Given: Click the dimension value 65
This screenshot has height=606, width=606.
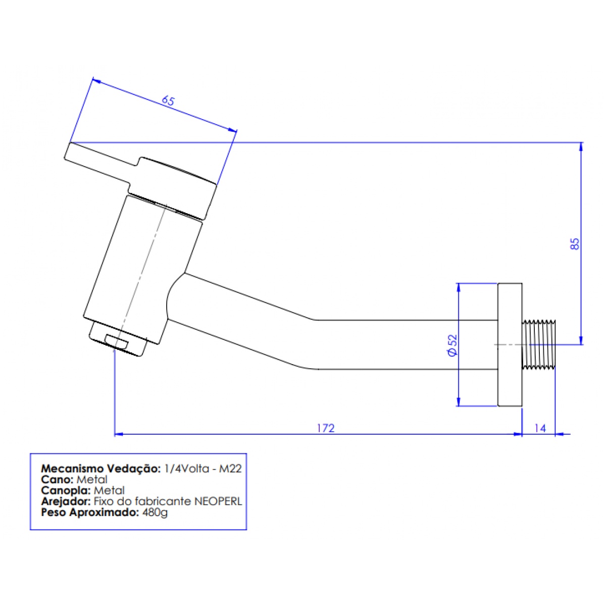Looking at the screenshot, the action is [168, 101].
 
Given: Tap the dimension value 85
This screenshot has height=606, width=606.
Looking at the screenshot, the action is [574, 244].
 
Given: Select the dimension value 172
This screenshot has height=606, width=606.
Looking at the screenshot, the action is [326, 428].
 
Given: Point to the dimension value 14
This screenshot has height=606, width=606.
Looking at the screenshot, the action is [540, 428].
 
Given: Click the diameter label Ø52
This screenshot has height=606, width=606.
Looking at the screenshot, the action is [452, 345].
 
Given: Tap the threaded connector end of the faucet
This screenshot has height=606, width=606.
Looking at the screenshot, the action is [539, 344].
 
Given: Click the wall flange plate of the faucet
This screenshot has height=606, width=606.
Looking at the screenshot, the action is [510, 345].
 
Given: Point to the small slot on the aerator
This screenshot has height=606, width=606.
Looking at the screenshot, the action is [116, 341].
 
